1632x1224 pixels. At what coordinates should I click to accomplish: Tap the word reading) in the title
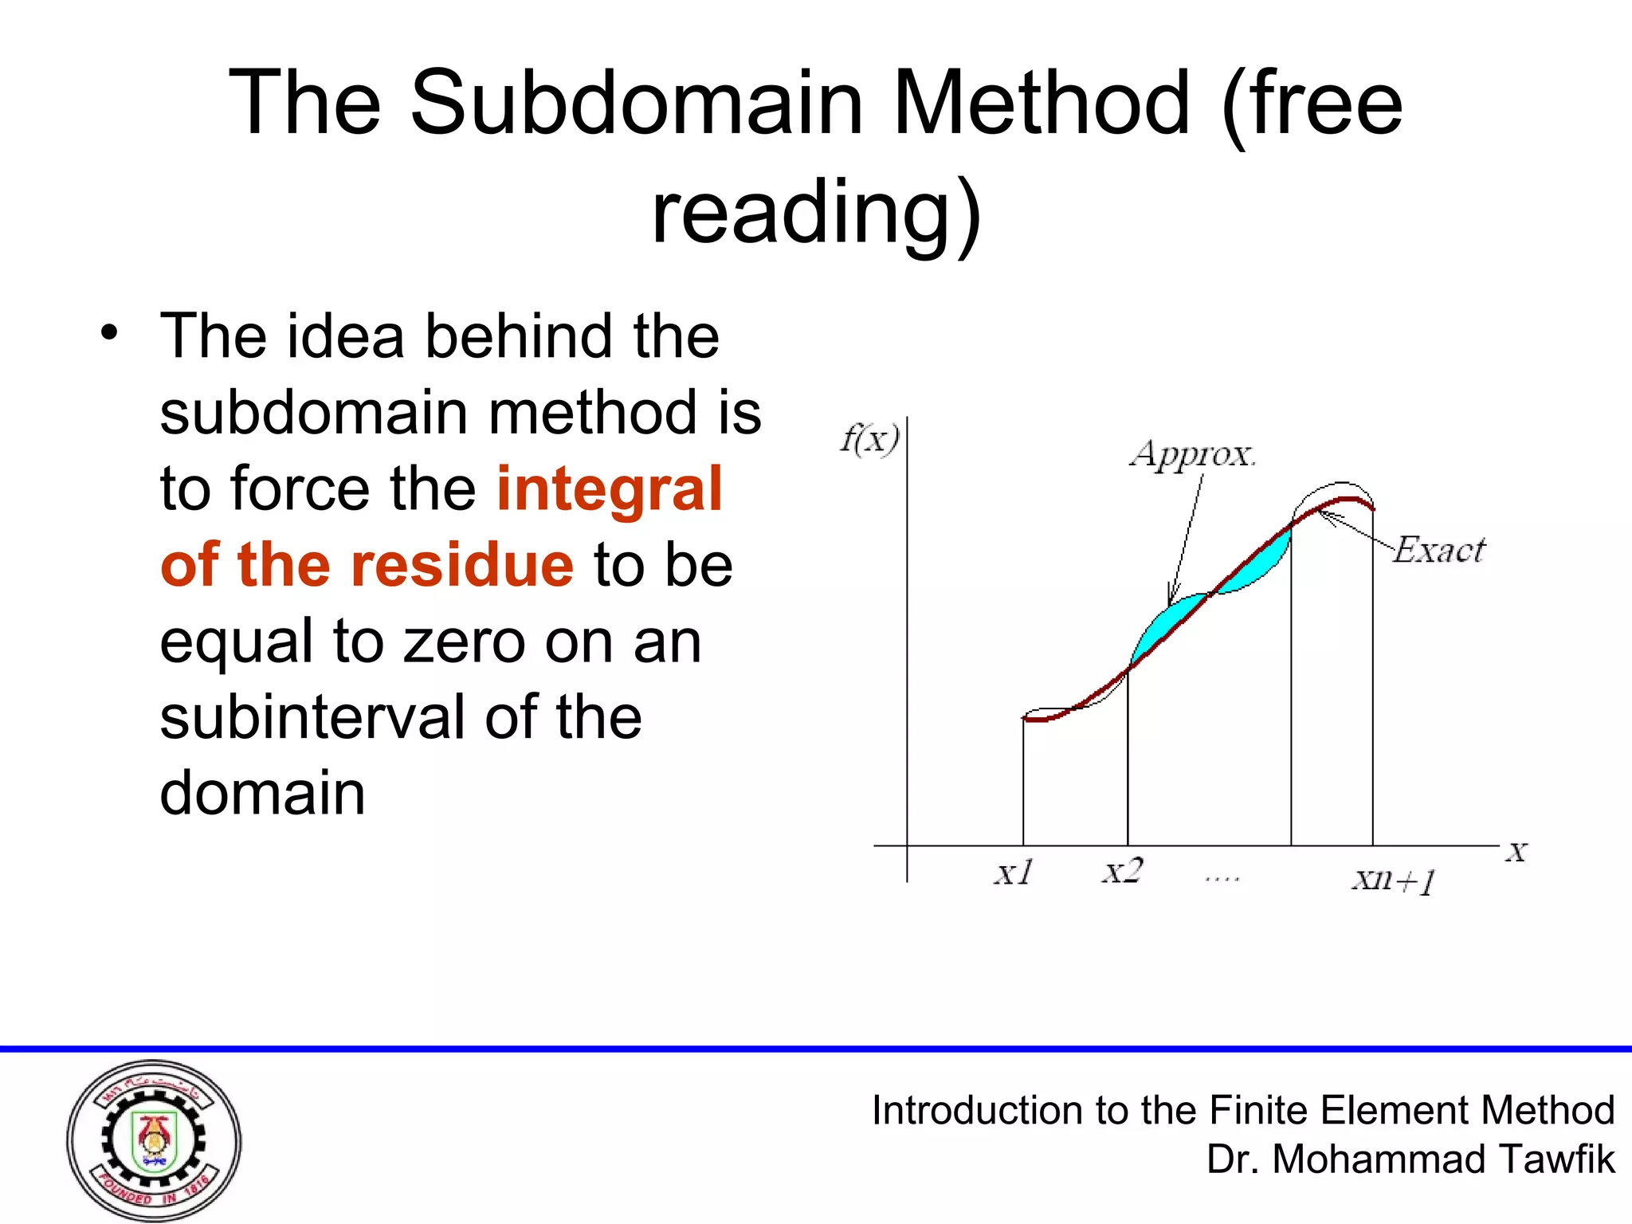click(816, 214)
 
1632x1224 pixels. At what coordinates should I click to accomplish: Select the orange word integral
click(609, 488)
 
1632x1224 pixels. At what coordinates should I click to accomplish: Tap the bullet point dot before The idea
click(109, 333)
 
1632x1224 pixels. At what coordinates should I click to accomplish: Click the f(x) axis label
click(870, 439)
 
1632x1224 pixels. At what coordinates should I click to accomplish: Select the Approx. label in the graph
click(1192, 454)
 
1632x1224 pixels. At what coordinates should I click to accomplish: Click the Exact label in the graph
click(1439, 551)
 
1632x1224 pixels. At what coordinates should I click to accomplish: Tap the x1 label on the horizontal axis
click(1014, 873)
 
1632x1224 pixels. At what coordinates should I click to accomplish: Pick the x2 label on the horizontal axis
click(1122, 871)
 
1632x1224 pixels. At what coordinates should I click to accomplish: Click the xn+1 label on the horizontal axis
click(1394, 881)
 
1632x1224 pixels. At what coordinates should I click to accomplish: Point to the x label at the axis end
click(1516, 853)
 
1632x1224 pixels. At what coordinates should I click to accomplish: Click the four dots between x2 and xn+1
click(1222, 879)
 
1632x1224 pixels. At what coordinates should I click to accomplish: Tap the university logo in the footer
click(154, 1140)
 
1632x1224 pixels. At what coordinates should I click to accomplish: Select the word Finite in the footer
click(1259, 1110)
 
